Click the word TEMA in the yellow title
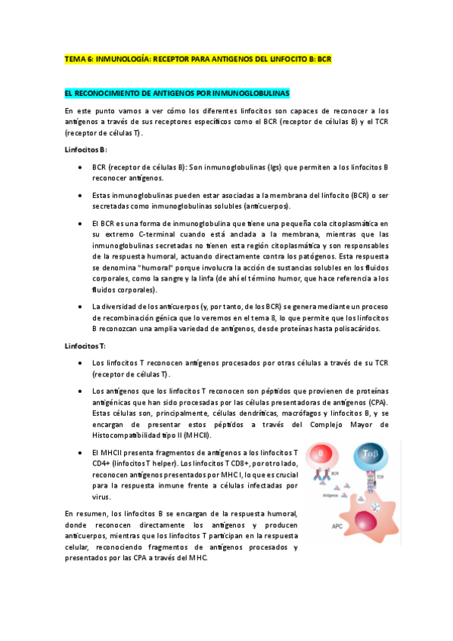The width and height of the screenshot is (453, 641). (76, 57)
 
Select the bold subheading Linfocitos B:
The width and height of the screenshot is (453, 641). (86, 150)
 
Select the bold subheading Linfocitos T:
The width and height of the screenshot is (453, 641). (86, 345)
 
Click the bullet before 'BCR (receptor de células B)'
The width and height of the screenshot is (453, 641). (79, 167)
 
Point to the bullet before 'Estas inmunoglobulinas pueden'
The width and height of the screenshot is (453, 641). (79, 196)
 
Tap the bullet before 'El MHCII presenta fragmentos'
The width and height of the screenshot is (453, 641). (79, 452)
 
